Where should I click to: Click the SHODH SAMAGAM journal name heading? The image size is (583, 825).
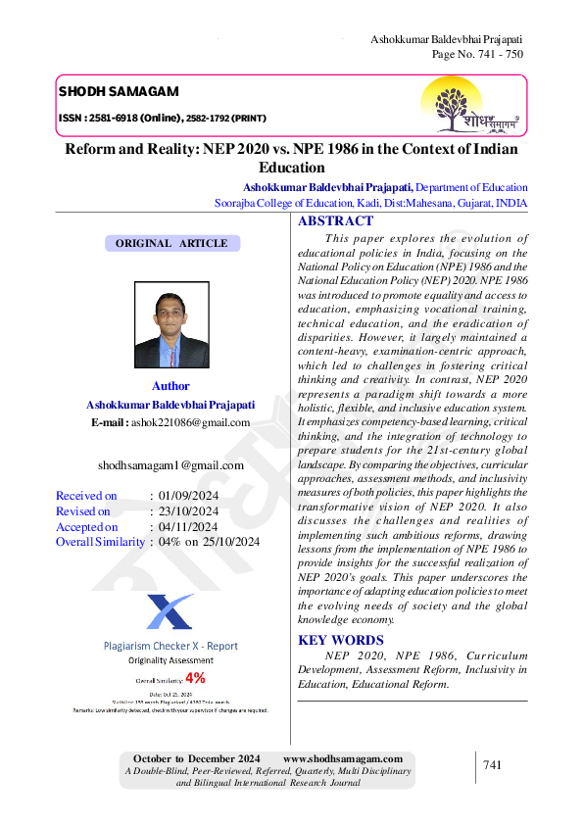[119, 92]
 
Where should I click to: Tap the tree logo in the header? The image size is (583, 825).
[460, 105]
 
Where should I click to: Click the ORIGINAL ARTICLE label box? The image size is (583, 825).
[171, 243]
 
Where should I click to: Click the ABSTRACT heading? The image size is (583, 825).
[335, 221]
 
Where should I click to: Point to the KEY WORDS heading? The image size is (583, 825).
[340, 641]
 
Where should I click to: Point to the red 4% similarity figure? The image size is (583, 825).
[195, 678]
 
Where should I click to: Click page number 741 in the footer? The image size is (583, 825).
[492, 765]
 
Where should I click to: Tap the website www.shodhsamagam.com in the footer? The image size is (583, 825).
[343, 759]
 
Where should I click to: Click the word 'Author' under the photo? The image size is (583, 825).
[170, 386]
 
